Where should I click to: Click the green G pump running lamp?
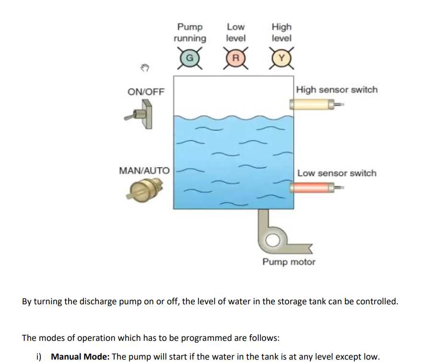tap(189, 58)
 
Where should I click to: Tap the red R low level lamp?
tap(236, 58)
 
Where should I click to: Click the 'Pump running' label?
tap(190, 32)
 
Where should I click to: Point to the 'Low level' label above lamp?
tap(236, 32)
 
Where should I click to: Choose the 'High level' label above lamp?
tap(282, 32)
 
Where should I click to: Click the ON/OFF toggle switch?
tap(142, 116)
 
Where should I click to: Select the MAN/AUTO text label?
tap(144, 171)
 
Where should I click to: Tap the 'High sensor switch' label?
tap(337, 89)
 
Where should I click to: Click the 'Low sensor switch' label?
tap(337, 173)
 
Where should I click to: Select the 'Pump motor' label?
tap(289, 262)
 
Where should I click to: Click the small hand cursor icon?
tap(145, 68)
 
